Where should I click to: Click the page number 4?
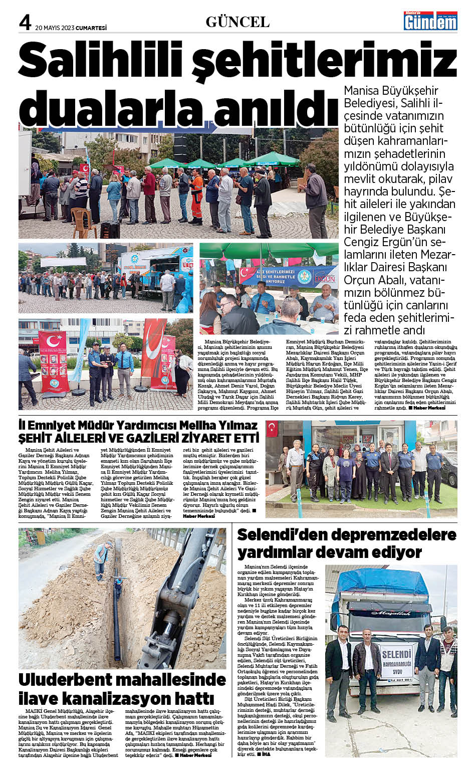[x=26, y=22]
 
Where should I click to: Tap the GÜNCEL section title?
[x=237, y=22]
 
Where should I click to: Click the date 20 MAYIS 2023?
[x=54, y=28]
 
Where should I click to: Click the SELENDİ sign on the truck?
[x=396, y=655]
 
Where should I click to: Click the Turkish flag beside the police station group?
[x=273, y=428]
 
